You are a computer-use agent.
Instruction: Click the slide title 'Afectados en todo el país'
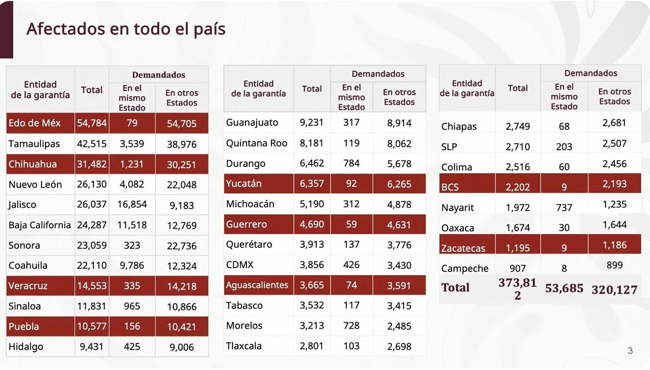(126, 29)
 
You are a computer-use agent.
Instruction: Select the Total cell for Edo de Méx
(92, 123)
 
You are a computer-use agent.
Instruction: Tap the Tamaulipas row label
(34, 144)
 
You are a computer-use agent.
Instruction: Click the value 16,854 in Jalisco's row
(132, 204)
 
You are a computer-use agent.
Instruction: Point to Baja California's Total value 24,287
(92, 225)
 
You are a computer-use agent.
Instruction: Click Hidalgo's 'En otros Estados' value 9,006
(181, 347)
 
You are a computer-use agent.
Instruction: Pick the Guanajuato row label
(252, 123)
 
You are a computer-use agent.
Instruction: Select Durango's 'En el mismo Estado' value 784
(351, 164)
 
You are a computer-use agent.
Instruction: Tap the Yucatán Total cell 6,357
(312, 183)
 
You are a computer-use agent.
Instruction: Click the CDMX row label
(240, 265)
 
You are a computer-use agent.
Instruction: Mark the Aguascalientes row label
(257, 285)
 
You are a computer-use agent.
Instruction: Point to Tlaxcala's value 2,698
(399, 346)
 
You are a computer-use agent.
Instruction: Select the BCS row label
(450, 187)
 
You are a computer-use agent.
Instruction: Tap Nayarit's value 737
(564, 207)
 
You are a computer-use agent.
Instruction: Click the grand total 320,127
(614, 290)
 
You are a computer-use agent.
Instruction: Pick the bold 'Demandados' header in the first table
(159, 75)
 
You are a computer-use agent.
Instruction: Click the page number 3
(630, 351)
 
